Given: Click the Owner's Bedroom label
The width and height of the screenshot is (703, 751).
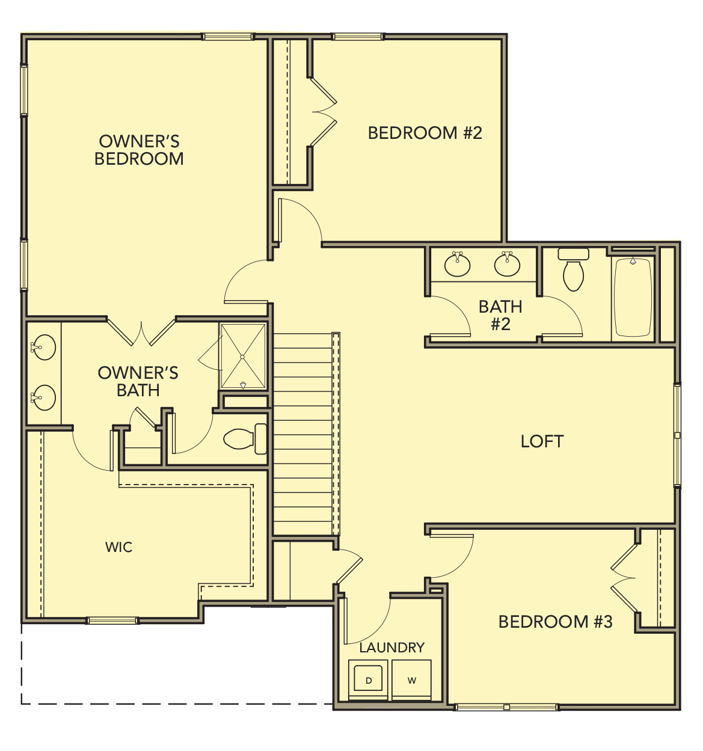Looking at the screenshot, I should (x=139, y=150).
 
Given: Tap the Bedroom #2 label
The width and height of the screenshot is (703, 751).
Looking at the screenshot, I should (x=425, y=133).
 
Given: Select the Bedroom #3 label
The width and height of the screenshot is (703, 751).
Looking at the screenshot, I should (x=555, y=621).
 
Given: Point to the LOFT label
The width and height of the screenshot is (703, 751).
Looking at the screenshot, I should (x=542, y=441).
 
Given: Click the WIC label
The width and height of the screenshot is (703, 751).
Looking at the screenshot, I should (x=118, y=547).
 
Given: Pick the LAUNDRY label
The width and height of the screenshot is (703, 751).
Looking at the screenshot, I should (x=391, y=648).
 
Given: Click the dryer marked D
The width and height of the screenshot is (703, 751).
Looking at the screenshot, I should (x=369, y=680).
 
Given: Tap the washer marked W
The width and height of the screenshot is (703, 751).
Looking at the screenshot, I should (x=411, y=680).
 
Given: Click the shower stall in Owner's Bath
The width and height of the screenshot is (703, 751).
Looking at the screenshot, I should (x=243, y=357).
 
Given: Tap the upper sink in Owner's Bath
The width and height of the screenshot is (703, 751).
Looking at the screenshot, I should (x=43, y=347).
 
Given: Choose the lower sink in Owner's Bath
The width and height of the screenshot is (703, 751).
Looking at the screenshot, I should (x=43, y=397).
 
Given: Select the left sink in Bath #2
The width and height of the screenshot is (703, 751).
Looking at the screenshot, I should (x=457, y=264).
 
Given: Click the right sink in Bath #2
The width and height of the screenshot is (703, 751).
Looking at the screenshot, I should (x=507, y=264).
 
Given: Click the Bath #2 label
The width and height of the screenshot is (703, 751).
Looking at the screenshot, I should (x=500, y=315).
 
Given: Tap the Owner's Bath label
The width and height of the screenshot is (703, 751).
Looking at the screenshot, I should (x=138, y=381).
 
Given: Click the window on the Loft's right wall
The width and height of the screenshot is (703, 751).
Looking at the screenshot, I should (x=677, y=435).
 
